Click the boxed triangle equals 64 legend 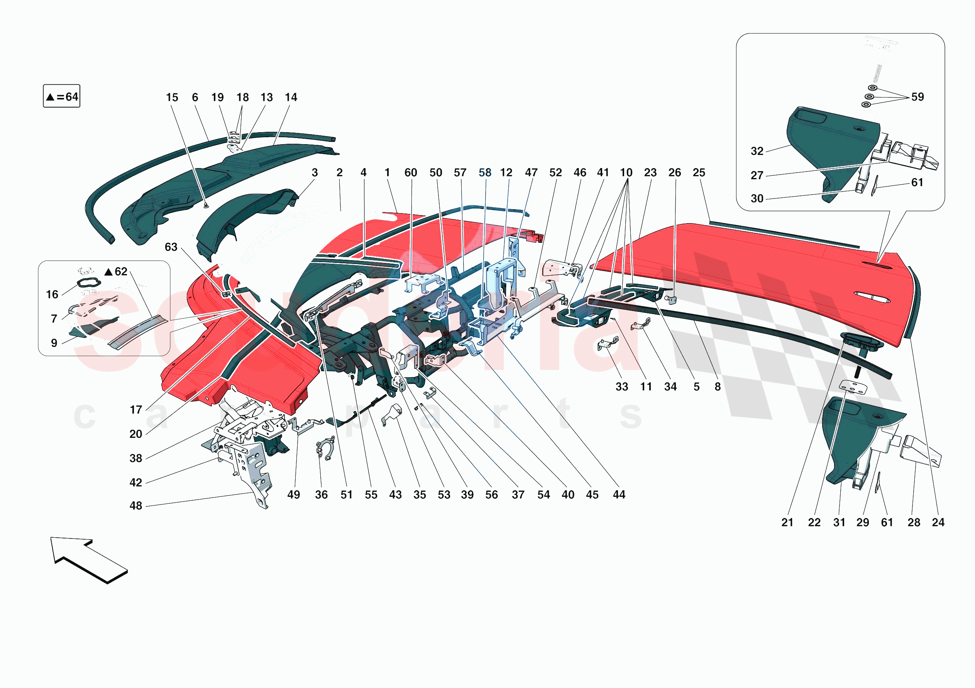(62, 96)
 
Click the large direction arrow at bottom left (87, 559)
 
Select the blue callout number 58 (484, 173)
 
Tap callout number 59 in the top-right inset (917, 97)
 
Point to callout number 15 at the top (172, 98)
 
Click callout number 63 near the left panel (171, 247)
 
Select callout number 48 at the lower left (136, 506)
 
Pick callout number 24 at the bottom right (938, 522)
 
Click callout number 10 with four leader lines (626, 173)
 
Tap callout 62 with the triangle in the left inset (116, 271)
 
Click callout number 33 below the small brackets (622, 387)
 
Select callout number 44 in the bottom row (619, 495)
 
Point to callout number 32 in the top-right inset (757, 151)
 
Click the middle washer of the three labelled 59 (869, 97)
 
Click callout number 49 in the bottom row (293, 495)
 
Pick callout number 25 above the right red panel (699, 173)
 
